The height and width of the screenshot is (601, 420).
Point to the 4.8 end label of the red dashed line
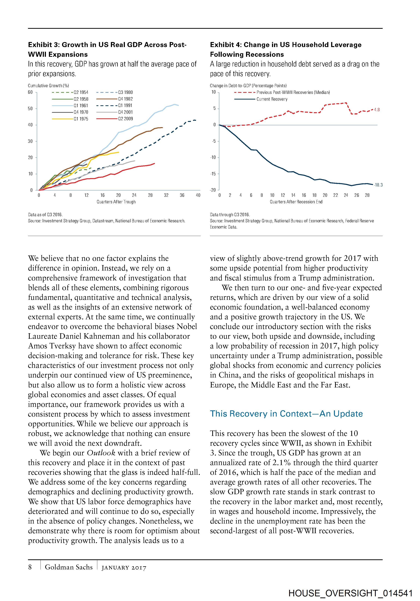coord(377,110)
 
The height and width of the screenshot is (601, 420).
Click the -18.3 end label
coord(378,185)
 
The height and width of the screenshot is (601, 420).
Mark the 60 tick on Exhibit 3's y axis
coord(30,92)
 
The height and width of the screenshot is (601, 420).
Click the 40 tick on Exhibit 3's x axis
coord(198,195)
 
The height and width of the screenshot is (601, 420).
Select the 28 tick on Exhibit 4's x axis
coord(367,195)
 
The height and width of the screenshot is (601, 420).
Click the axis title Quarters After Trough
coord(116,202)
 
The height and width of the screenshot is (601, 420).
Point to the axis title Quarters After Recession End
coord(296,202)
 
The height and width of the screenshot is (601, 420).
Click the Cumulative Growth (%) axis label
coord(48,86)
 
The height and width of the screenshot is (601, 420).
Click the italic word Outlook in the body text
coord(101,453)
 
